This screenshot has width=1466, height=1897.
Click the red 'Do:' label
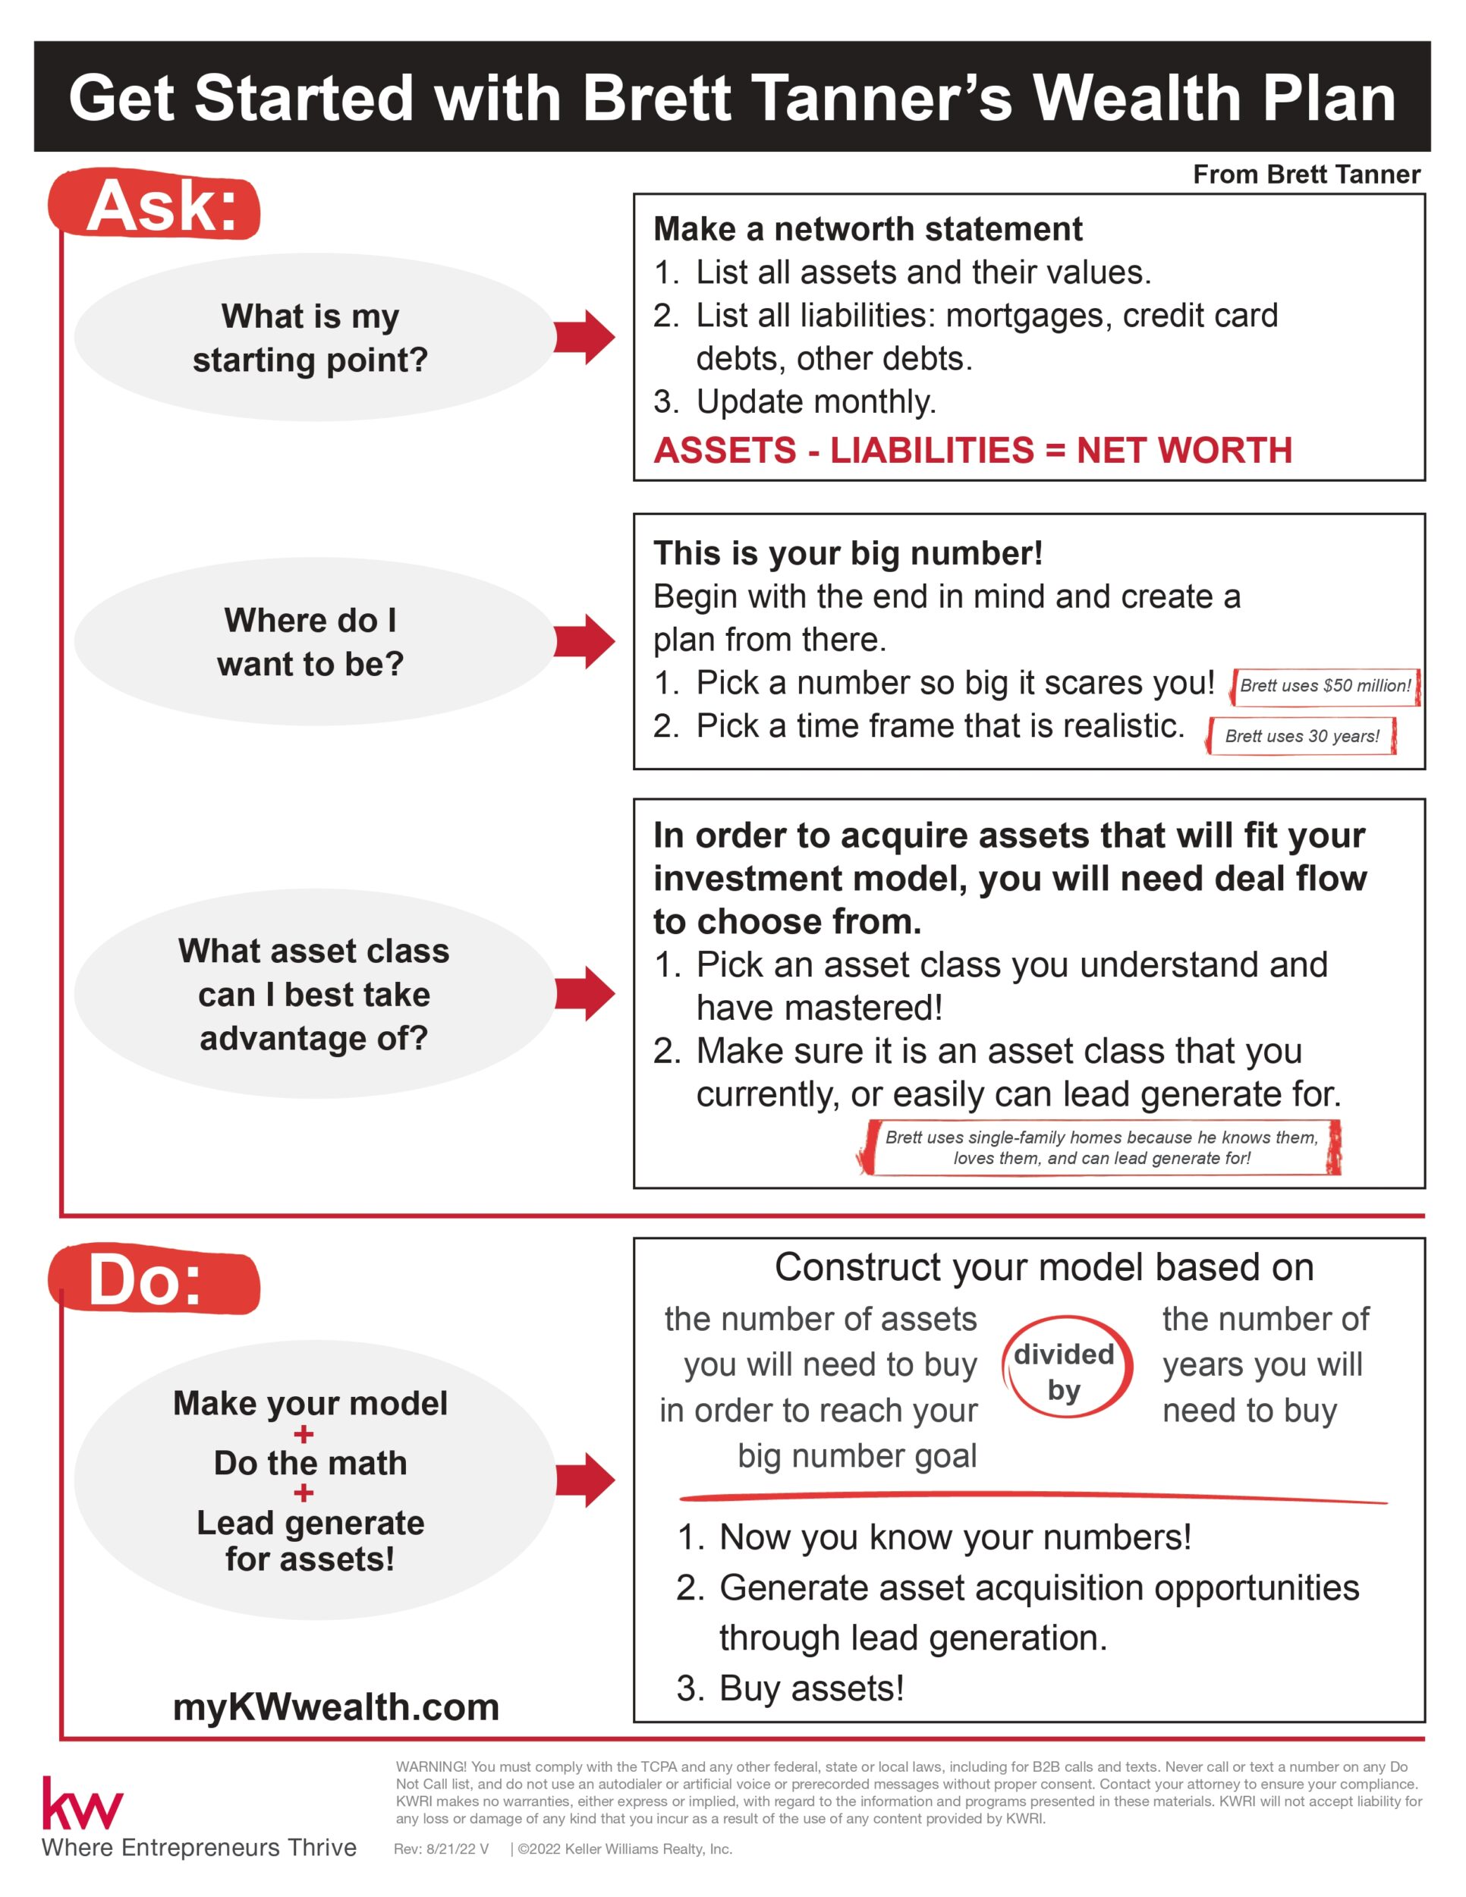[x=148, y=1281]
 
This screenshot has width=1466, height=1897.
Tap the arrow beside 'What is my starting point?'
[x=584, y=336]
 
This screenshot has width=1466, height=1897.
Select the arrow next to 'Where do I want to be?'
[x=584, y=641]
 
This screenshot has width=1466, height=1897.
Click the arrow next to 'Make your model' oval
[x=584, y=1479]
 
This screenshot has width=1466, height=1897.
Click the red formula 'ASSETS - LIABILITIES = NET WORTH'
[x=973, y=450]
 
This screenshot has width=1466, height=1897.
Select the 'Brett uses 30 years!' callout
[x=1301, y=736]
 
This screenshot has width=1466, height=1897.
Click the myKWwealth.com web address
[x=336, y=1707]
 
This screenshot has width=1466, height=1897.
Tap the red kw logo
[x=83, y=1804]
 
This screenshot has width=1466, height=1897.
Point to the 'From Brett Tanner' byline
[x=1306, y=175]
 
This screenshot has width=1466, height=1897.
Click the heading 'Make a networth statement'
[x=867, y=229]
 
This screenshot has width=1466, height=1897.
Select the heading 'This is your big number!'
[x=848, y=553]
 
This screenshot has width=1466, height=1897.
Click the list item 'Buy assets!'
[x=811, y=1688]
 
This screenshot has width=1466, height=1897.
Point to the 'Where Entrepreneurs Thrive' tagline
[x=199, y=1848]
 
